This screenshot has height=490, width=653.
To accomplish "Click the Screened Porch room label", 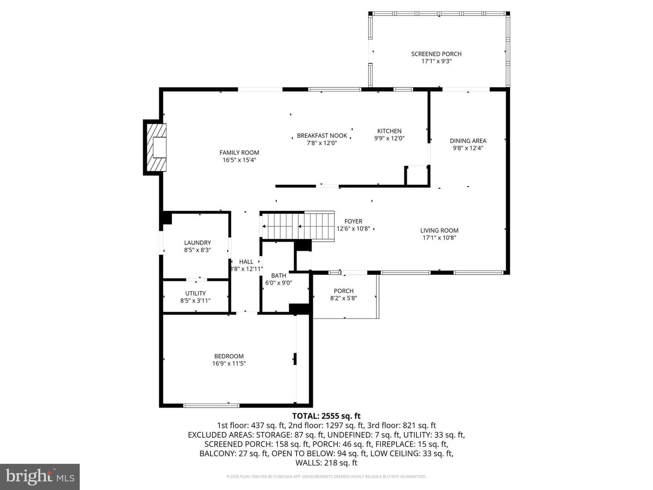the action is (436, 54).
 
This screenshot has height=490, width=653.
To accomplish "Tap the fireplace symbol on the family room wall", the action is (155, 147).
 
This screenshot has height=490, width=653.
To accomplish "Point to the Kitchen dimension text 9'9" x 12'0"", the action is (389, 138).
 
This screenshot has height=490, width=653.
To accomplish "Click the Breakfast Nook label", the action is (322, 136).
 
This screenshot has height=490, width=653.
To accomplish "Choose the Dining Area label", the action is (468, 141).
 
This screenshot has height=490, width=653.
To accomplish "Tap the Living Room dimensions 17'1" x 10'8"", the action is (439, 238).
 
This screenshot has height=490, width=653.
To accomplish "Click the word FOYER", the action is (353, 221).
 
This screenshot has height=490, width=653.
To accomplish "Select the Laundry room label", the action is (197, 243).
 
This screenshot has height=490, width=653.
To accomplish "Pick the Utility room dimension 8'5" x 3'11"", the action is (195, 301).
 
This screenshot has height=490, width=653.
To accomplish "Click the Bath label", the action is (278, 275).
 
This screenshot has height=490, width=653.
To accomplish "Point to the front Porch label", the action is (344, 291).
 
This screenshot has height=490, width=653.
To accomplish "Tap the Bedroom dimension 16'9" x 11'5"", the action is (229, 363).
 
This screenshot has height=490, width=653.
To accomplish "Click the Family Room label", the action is (239, 152).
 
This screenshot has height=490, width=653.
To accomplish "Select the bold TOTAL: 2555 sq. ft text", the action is (326, 416).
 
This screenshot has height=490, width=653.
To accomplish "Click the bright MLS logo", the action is (40, 476).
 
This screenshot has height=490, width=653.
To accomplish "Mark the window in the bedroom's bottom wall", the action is (211, 406).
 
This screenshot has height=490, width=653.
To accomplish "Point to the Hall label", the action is (246, 262).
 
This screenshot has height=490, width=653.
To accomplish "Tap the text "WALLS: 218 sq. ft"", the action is (326, 463).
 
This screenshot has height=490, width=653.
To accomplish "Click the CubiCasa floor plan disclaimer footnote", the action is (326, 476).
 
